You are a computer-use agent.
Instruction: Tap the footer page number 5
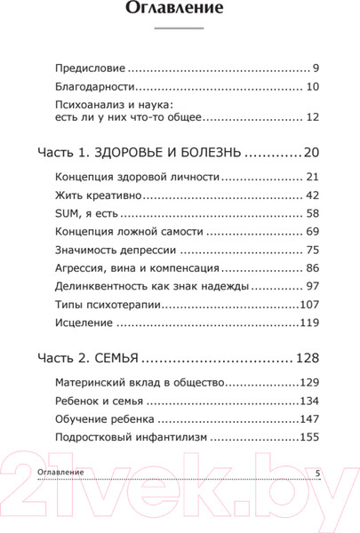point(318,473)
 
